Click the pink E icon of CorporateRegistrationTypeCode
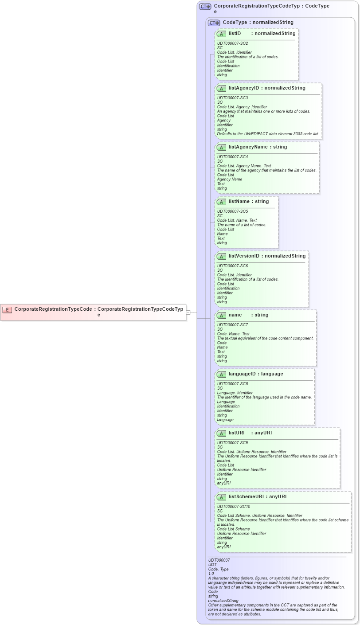coord(7,309)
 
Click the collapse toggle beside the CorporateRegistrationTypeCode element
coord(188,312)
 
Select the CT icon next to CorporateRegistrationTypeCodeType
coord(205,7)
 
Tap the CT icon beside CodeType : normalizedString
coord(214,23)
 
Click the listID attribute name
coord(235,34)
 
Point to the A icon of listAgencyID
coord(222,88)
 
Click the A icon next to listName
coord(222,202)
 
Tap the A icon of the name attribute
coord(222,315)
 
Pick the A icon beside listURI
coord(222,433)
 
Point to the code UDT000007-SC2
coord(232,43)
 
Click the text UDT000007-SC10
coord(234,507)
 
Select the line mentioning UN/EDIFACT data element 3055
coord(268,133)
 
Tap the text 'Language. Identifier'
coord(235,393)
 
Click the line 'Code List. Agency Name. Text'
coord(244,166)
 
